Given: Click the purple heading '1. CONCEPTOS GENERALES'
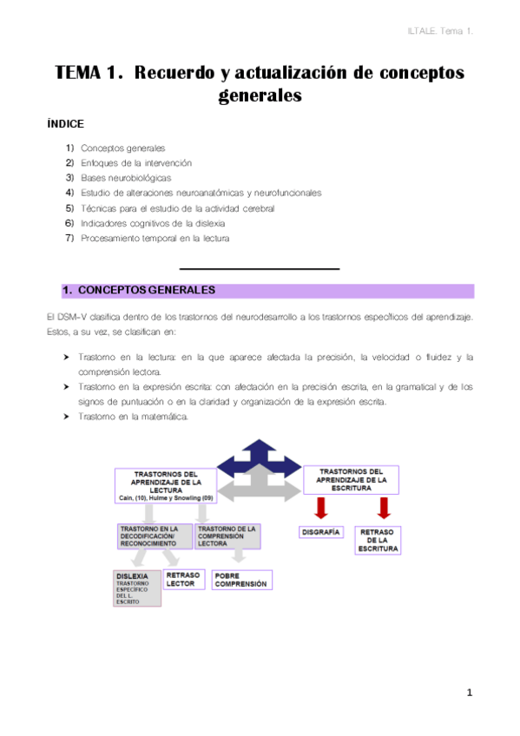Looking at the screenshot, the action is (x=138, y=291).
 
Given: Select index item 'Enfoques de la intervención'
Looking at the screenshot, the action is (x=135, y=162).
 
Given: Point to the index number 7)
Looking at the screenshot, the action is (x=69, y=239).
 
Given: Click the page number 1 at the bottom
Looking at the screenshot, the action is (x=469, y=692).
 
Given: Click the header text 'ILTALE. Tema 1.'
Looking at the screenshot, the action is (x=439, y=31).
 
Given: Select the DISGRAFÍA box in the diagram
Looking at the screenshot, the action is (x=320, y=531).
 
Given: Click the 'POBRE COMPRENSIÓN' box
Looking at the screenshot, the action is (x=241, y=579).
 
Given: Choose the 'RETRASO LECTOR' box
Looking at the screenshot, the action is (x=182, y=579).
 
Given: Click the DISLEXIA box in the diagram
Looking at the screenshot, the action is (x=137, y=588).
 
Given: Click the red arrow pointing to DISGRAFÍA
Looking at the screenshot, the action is (x=319, y=507).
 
